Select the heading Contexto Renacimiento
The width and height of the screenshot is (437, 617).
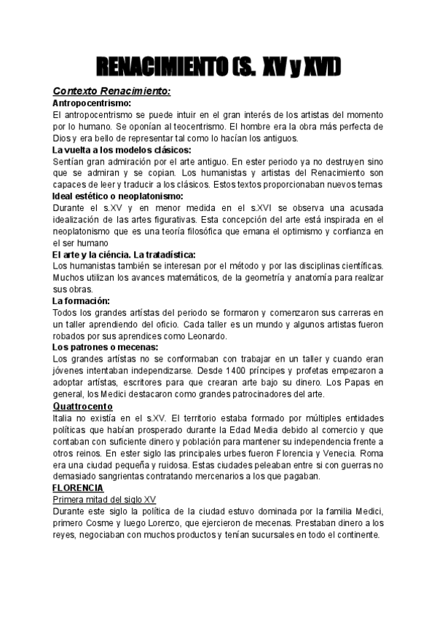[111, 92]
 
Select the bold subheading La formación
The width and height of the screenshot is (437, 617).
[81, 300]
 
